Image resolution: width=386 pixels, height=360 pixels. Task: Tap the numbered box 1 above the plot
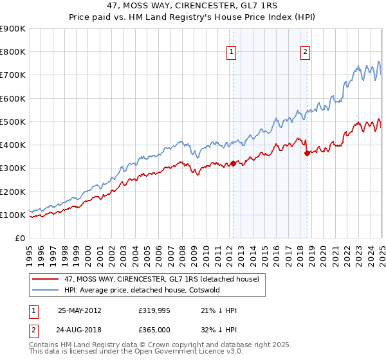coord(231,53)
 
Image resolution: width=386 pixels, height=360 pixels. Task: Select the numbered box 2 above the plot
coord(305,53)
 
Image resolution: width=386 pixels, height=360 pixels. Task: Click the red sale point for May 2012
coord(233,163)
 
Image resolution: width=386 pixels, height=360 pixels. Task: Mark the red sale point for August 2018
coord(307,153)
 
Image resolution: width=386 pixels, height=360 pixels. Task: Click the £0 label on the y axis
coord(19,239)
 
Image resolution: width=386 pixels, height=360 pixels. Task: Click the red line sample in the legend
coord(46,279)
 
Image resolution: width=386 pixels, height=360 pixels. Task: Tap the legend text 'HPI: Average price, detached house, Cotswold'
coord(142,290)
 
